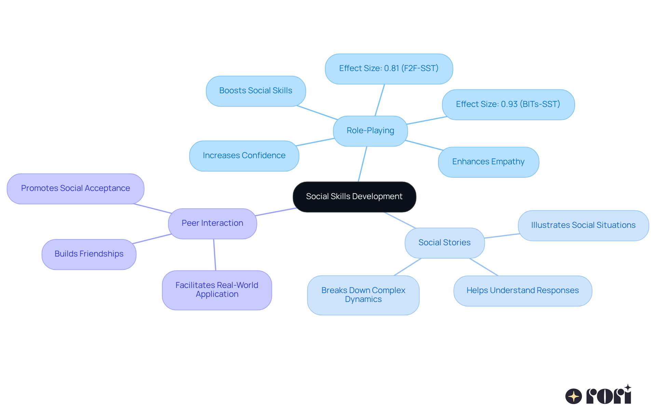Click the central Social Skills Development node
tap(354, 197)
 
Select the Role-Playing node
tap(370, 131)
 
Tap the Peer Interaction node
tap(212, 223)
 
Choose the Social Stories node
tap(444, 243)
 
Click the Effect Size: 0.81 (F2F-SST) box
tap(389, 69)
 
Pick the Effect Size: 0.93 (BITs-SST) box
tap(508, 105)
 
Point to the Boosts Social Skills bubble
tap(256, 91)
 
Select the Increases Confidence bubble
tap(244, 156)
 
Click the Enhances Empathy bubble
tap(488, 162)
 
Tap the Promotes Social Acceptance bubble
tap(76, 189)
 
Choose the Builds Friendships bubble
tap(89, 254)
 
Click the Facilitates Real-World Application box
tap(217, 290)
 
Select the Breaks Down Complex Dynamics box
tap(363, 295)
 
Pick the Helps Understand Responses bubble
tap(522, 291)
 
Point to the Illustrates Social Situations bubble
tap(583, 225)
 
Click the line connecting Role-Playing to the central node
tap(363, 164)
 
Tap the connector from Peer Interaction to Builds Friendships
tap(152, 239)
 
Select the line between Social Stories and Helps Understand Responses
tap(484, 267)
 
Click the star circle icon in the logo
tap(573, 396)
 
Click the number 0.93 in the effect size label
tap(509, 104)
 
